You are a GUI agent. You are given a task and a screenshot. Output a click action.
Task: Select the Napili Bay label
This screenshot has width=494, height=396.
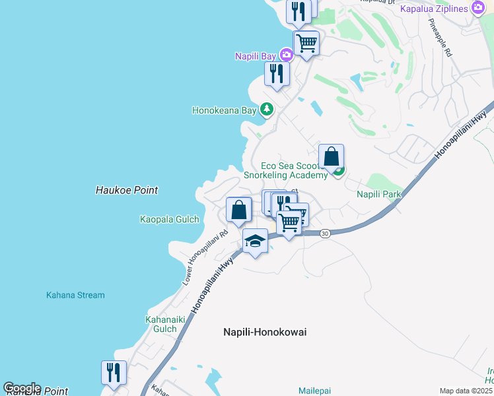(256, 56)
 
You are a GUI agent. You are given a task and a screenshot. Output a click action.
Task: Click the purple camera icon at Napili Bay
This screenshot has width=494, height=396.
(286, 55)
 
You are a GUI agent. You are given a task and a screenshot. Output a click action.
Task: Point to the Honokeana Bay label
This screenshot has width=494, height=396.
(224, 110)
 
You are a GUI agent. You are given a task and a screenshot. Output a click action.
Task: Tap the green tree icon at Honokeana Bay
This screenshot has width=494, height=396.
(266, 110)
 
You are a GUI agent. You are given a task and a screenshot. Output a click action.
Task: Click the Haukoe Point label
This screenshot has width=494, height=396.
(127, 190)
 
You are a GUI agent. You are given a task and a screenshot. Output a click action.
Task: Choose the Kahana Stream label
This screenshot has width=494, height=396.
(75, 295)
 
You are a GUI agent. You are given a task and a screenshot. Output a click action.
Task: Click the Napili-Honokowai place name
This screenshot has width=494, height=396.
(265, 332)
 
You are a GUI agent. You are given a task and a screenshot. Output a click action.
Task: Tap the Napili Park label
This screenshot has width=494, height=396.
(379, 195)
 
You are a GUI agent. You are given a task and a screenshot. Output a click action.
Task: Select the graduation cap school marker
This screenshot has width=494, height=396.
(255, 242)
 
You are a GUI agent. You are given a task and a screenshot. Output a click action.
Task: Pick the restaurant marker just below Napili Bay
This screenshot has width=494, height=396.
(277, 73)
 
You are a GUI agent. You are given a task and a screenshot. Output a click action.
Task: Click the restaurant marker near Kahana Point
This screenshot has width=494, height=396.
(114, 372)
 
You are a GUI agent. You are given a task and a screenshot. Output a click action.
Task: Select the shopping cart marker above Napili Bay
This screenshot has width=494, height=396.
(306, 44)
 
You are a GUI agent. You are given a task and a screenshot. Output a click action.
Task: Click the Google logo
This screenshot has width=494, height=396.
(22, 388)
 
